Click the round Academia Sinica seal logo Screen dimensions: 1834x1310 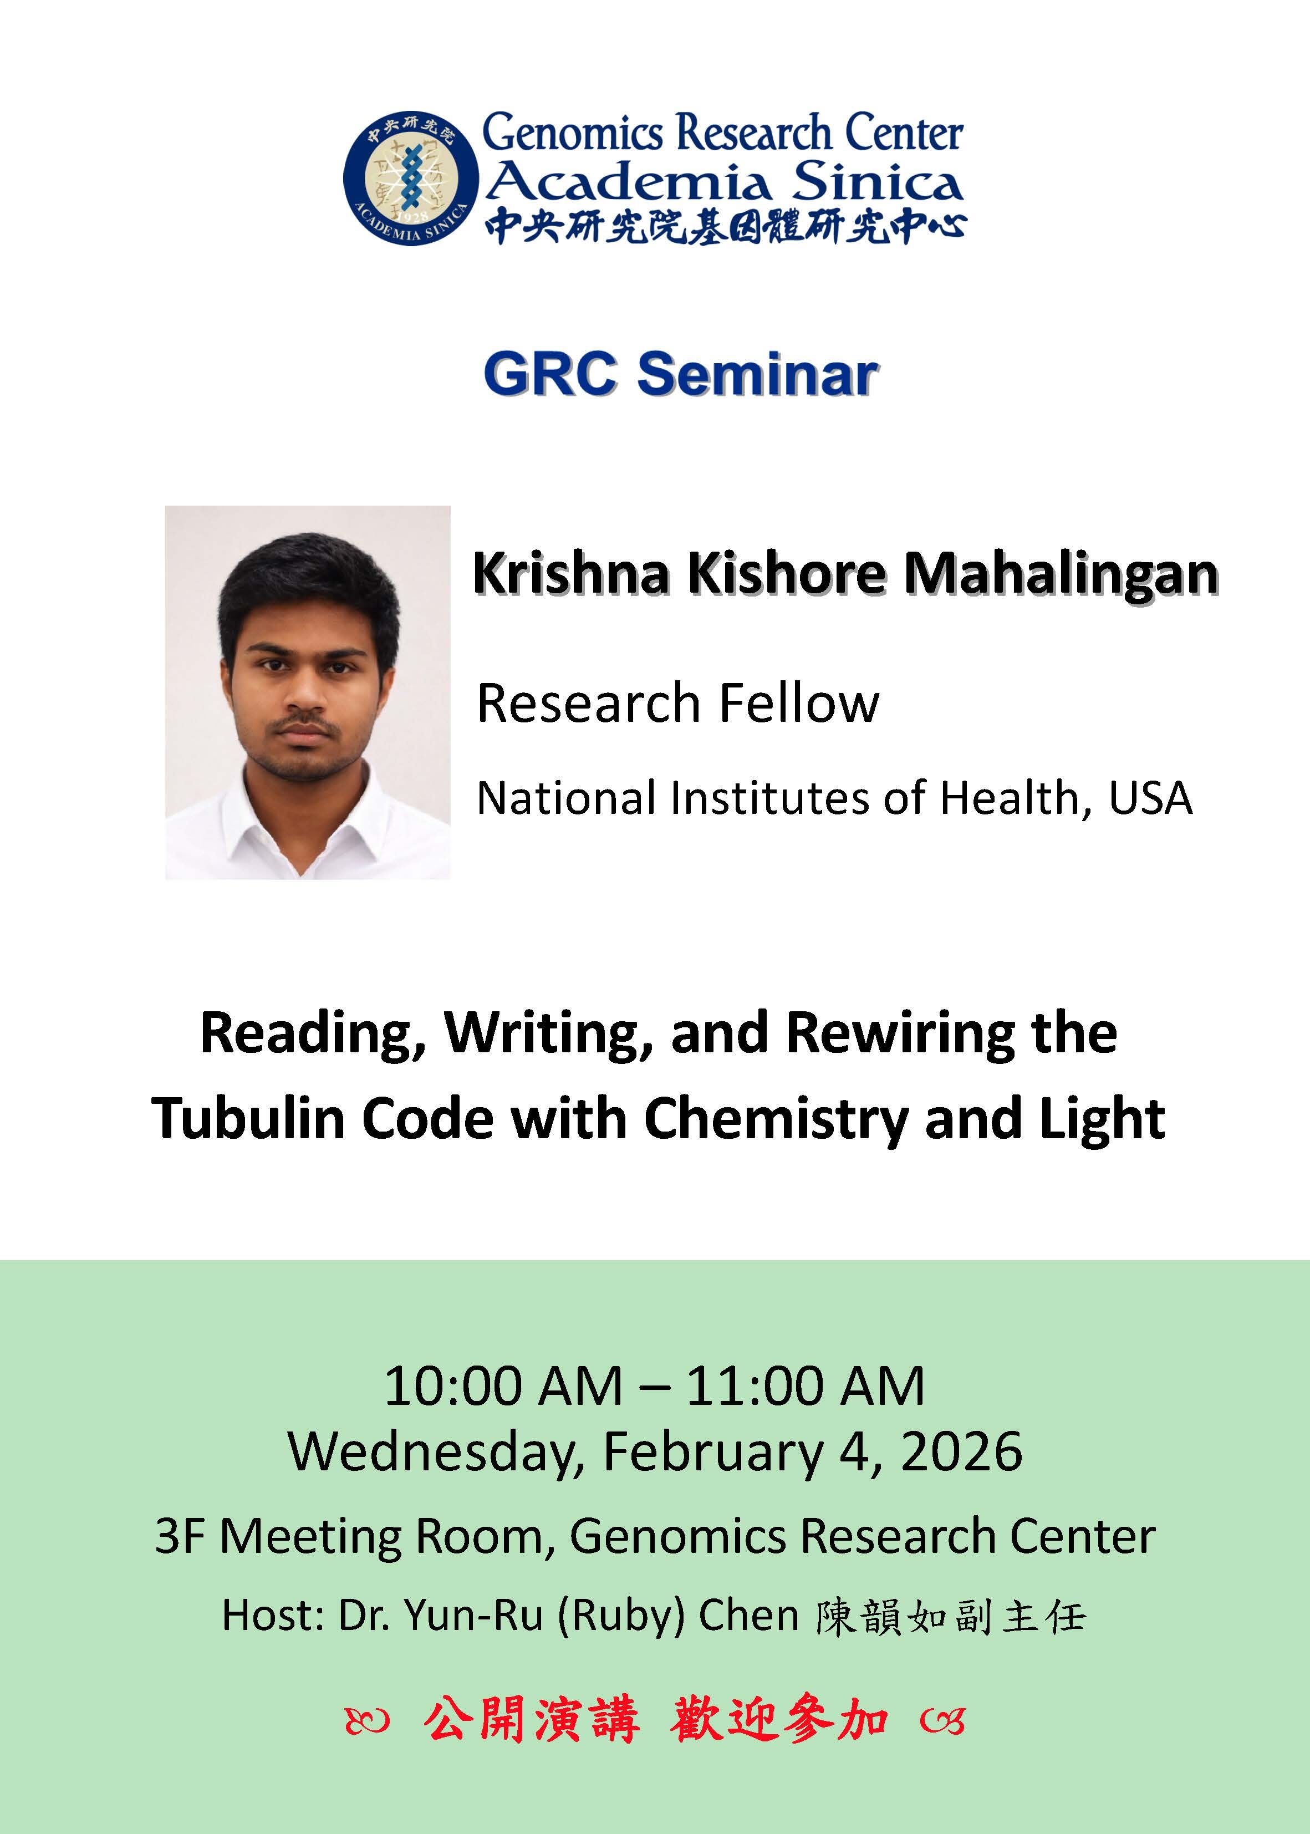[x=411, y=177]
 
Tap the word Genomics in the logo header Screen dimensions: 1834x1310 [x=572, y=133]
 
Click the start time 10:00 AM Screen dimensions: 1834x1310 [x=502, y=1387]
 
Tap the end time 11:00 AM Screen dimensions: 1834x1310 [x=805, y=1387]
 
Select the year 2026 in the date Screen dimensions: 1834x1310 [x=961, y=1451]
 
